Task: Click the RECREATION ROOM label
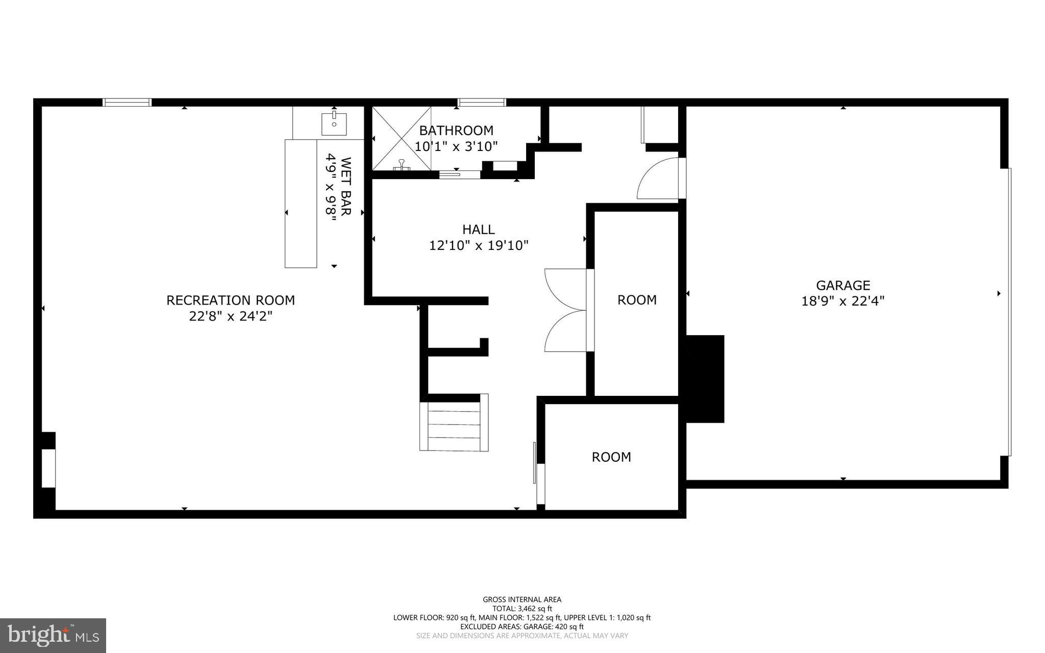tap(231, 300)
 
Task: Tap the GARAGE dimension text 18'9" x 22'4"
tap(842, 301)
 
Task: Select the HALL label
tap(478, 230)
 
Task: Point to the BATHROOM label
tap(456, 131)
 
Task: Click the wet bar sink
tap(334, 124)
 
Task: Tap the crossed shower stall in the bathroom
tap(402, 138)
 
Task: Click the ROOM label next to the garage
tap(637, 300)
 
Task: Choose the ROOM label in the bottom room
tap(611, 457)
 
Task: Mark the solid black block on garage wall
tap(705, 379)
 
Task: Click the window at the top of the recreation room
tap(127, 103)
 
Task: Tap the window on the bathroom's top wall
tap(482, 103)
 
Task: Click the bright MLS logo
tap(53, 635)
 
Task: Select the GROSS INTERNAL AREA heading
tap(522, 599)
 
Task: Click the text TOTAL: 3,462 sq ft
tap(522, 608)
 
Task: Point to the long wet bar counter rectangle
tap(301, 203)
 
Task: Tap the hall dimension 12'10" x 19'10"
tap(478, 246)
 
